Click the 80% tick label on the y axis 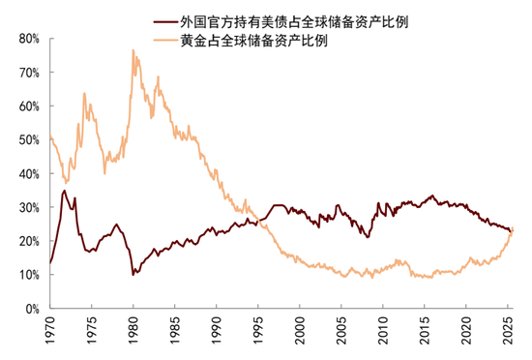[x=26, y=40]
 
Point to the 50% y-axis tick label [x=26, y=140]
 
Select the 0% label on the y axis [x=29, y=309]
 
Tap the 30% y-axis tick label [x=26, y=207]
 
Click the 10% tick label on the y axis [x=26, y=275]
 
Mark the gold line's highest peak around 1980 [x=133, y=50]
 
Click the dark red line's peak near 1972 [x=65, y=191]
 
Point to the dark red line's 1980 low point [x=133, y=275]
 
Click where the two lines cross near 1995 [x=254, y=222]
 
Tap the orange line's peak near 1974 [x=84, y=94]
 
